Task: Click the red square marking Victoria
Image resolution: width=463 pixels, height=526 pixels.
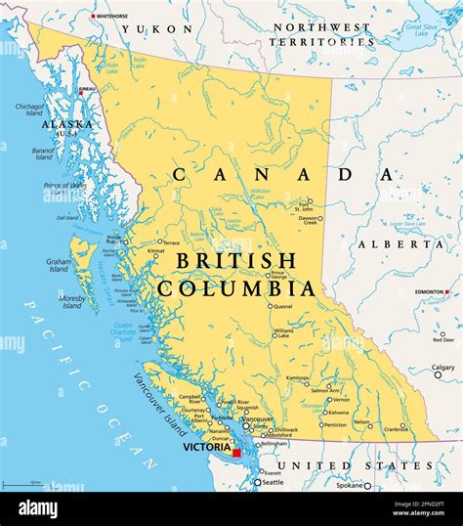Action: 236,453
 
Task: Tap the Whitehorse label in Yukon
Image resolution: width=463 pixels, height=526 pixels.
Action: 112,17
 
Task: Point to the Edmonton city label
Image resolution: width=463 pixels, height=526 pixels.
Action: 428,293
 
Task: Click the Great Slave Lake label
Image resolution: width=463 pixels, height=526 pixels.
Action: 423,31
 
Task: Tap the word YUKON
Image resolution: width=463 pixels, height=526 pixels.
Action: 172,29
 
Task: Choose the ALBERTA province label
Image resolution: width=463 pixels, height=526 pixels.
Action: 400,243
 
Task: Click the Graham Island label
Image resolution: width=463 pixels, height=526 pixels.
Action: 59,266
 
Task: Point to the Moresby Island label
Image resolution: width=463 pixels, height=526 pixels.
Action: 72,302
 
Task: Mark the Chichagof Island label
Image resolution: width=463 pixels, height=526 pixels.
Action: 30,110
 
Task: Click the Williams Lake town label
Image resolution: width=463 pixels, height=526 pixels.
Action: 283,335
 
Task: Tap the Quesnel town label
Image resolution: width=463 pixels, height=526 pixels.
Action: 282,306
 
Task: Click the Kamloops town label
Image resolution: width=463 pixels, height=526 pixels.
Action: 297,377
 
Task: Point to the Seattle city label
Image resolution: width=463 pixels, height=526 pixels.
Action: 273,483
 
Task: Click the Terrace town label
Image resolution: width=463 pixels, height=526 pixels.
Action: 172,241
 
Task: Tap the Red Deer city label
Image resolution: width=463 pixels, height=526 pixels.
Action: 443,339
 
